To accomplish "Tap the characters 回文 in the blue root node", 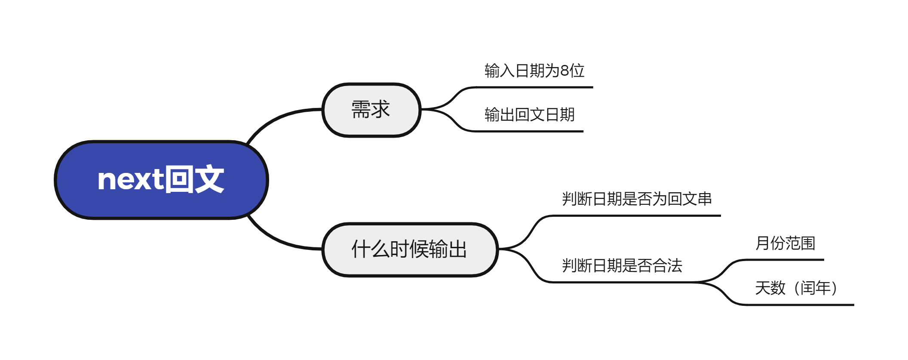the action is point(195,179).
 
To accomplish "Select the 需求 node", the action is point(371,110).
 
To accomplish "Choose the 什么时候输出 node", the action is point(409,249).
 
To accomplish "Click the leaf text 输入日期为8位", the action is point(534,71).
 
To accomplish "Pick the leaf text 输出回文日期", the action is point(529,115).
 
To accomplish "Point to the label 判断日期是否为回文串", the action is point(637,199).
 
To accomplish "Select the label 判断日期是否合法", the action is point(622,266).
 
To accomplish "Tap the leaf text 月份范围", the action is point(785,243).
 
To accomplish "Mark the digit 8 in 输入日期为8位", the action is point(564,71).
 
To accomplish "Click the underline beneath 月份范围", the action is point(787,260).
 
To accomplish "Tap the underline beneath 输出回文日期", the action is point(529,131).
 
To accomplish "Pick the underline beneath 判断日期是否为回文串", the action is point(636,215).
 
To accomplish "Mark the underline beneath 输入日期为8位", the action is point(533,87).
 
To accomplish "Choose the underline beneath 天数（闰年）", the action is point(800,305).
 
